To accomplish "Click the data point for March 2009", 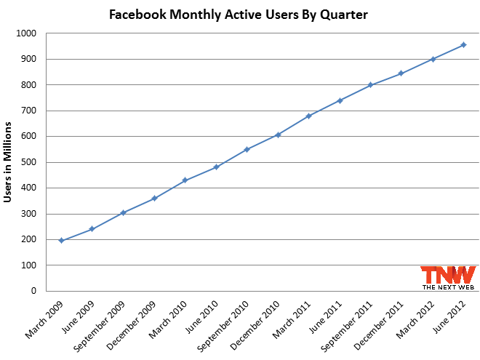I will pyautogui.click(x=61, y=240).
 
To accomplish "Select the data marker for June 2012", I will pyautogui.click(x=463, y=45).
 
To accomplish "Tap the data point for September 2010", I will pyautogui.click(x=247, y=149).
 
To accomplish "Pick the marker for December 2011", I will pyautogui.click(x=401, y=73).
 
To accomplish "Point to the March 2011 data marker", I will pyautogui.click(x=308, y=116).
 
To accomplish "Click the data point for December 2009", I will pyautogui.click(x=154, y=198).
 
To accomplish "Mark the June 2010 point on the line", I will pyautogui.click(x=216, y=167).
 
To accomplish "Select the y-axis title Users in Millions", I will pyautogui.click(x=8, y=162).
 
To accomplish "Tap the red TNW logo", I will pyautogui.click(x=447, y=276).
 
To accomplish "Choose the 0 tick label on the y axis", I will pyautogui.click(x=33, y=291).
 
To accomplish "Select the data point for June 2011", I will pyautogui.click(x=340, y=100).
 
